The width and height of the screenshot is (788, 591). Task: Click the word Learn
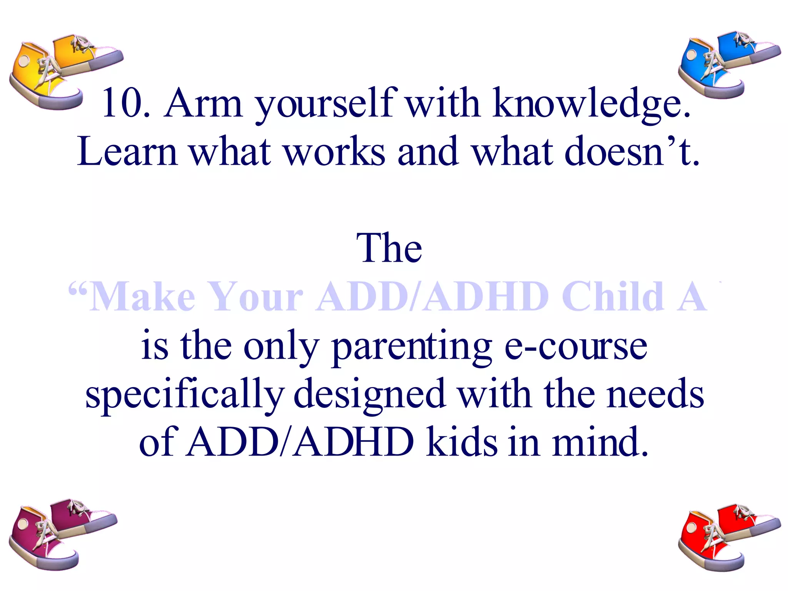coord(127,152)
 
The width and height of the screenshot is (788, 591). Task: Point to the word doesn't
coord(631,152)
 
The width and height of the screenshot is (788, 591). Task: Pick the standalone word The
coord(389,248)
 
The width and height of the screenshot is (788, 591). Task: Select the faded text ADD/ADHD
coord(432,297)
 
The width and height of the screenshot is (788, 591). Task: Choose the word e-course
coord(576,346)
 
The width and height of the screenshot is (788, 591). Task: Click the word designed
coord(369,395)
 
